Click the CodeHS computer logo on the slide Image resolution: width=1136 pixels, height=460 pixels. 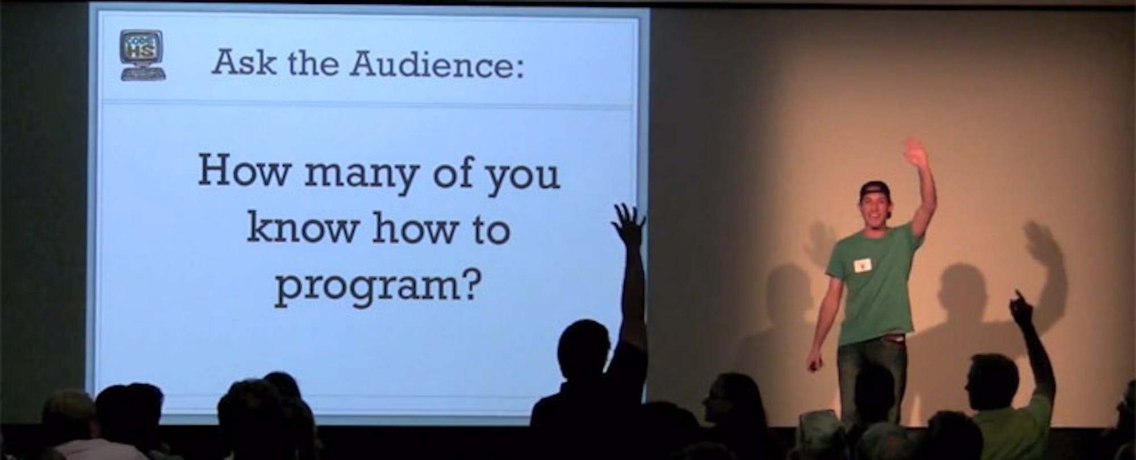[x=143, y=55]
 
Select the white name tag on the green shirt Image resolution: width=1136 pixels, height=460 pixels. [x=863, y=264]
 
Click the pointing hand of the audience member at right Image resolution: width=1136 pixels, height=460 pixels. [x=1022, y=308]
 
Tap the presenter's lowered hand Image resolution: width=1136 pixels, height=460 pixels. [x=815, y=362]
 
